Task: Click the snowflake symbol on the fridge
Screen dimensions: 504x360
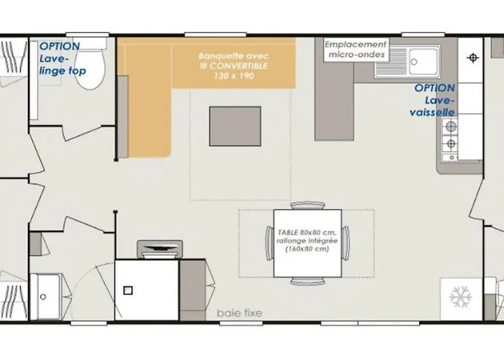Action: [x=461, y=297]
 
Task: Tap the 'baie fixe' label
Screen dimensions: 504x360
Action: [x=240, y=312]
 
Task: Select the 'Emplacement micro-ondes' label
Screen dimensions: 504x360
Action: [x=356, y=49]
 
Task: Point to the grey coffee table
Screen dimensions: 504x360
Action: [x=235, y=126]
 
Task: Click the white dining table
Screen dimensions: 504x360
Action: [x=307, y=243]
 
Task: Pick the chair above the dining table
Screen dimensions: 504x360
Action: [x=307, y=205]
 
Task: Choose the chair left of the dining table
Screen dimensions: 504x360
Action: [x=270, y=243]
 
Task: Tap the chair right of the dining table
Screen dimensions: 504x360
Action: [x=346, y=243]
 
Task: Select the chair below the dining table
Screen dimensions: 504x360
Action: [x=307, y=282]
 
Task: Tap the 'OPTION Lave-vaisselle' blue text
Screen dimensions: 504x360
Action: [x=433, y=100]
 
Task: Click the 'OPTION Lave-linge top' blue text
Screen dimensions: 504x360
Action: [x=63, y=58]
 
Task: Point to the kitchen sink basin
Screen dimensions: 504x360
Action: [x=423, y=62]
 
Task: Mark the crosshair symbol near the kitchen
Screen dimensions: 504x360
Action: [x=473, y=58]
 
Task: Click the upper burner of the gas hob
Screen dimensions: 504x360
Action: [x=451, y=126]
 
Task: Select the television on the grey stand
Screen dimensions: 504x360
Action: [x=160, y=249]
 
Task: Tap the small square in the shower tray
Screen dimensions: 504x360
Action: [x=128, y=291]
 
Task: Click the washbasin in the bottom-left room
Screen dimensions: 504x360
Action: [x=47, y=297]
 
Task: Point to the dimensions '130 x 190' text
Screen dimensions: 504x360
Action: [x=234, y=76]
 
